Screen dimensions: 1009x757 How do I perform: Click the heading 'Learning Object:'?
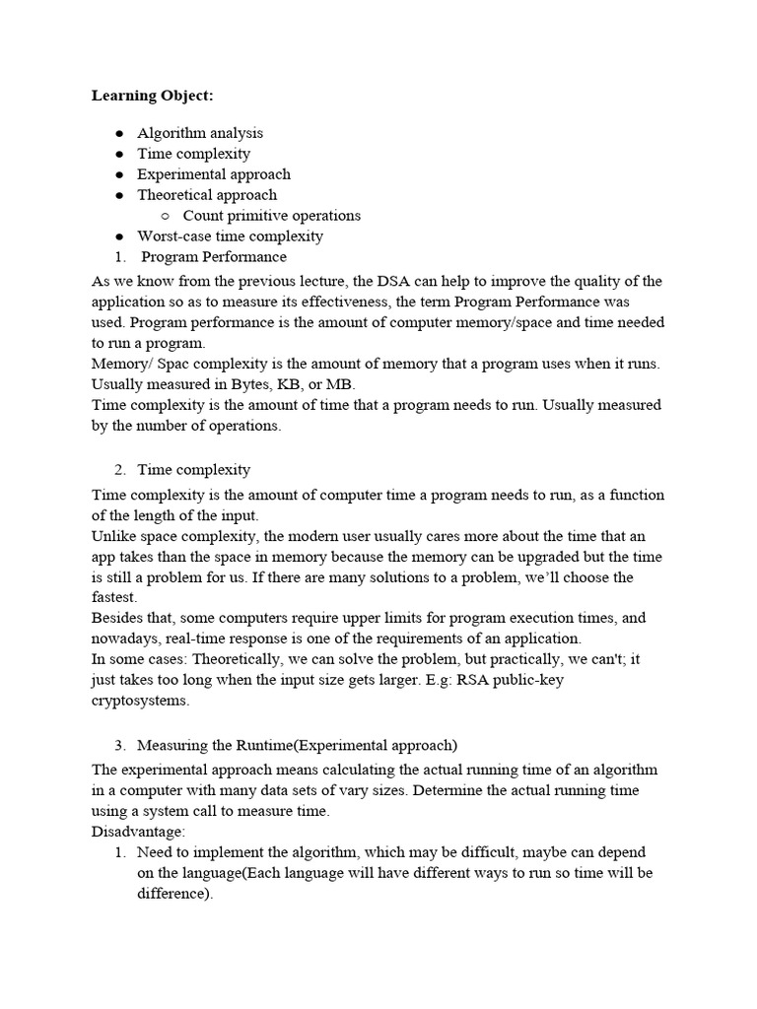152,96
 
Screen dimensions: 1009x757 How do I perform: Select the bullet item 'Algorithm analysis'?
200,133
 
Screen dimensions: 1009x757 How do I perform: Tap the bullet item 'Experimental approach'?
214,174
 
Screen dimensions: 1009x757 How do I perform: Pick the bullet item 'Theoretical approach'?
207,195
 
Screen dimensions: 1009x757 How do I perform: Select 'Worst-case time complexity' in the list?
230,236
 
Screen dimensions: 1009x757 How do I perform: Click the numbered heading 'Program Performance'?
214,257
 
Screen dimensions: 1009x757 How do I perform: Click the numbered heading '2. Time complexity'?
193,470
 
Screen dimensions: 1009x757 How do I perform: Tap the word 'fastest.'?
115,598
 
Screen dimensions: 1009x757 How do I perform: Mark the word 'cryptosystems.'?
140,701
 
